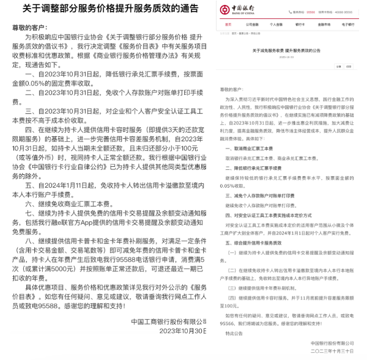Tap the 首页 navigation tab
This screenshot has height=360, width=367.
click(x=228, y=24)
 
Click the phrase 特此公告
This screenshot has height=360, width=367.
click(x=234, y=334)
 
